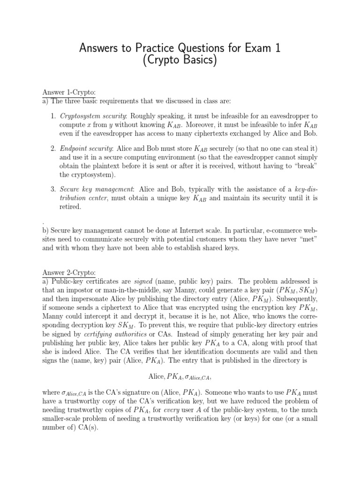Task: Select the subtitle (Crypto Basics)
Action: [180, 61]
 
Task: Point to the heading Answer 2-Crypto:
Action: [69, 272]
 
